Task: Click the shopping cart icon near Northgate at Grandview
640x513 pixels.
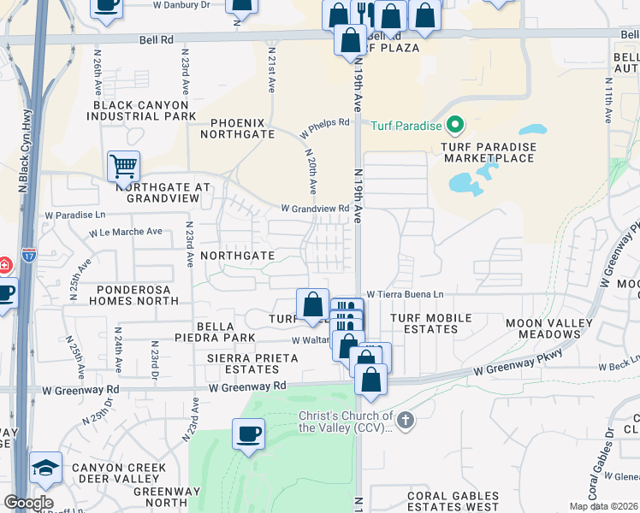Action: [124, 165]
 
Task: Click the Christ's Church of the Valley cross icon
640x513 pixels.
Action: [406, 419]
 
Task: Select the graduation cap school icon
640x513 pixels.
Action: [45, 467]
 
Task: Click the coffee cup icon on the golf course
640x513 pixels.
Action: [248, 433]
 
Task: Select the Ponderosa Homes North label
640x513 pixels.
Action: [133, 295]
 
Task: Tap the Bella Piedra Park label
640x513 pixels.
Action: [227, 333]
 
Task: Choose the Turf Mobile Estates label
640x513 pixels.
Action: [430, 323]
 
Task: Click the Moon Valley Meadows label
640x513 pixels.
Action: [548, 328]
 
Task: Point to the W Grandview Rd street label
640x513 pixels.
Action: [315, 209]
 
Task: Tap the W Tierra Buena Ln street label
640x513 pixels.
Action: [406, 295]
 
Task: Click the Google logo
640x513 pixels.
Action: [28, 503]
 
